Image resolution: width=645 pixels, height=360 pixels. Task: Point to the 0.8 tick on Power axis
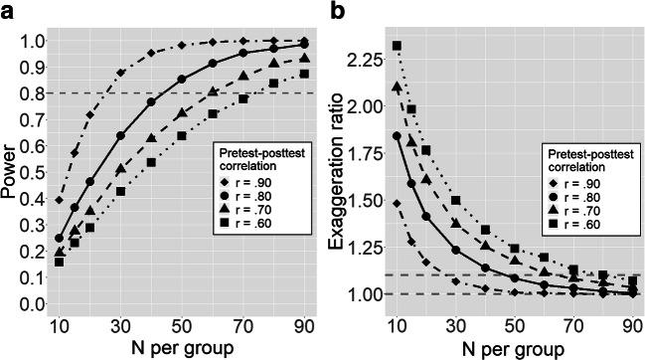(32, 93)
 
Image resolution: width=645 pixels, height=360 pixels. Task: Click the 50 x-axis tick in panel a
(182, 326)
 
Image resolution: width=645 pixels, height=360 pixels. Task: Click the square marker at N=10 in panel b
(398, 46)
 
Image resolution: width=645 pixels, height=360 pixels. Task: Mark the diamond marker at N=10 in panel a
(60, 201)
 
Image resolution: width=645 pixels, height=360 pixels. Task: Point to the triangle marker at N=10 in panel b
(398, 88)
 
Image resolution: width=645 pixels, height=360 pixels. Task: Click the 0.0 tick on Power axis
(32, 304)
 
